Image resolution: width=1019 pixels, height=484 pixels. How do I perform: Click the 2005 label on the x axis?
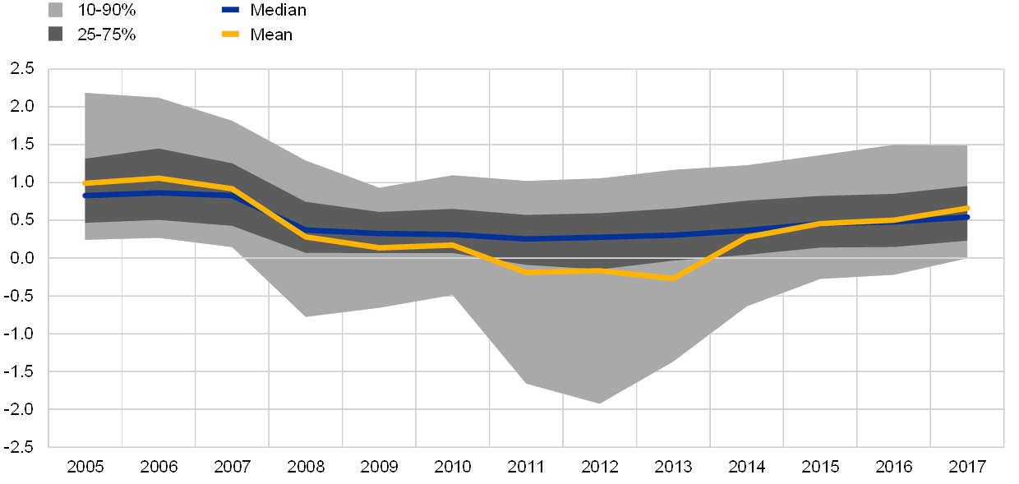tap(85, 467)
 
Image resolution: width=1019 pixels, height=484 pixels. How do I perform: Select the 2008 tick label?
tap(306, 467)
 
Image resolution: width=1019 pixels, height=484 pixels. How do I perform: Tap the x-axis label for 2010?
tap(453, 467)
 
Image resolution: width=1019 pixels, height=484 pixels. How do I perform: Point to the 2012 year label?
tap(600, 467)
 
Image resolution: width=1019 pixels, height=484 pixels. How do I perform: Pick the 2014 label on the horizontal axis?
tap(747, 467)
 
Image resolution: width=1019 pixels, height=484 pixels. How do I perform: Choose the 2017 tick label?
tap(967, 467)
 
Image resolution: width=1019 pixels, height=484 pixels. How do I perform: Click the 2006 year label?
tap(159, 467)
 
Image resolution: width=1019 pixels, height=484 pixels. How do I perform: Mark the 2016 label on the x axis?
tap(894, 467)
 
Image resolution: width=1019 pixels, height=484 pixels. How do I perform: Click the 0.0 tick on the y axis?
tap(22, 258)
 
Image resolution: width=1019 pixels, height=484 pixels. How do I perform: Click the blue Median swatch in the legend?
tap(230, 11)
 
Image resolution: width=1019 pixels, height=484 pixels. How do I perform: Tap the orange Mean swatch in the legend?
tap(230, 34)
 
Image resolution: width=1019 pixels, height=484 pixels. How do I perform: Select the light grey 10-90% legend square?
tap(56, 11)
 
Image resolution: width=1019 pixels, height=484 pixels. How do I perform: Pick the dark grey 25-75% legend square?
tap(56, 34)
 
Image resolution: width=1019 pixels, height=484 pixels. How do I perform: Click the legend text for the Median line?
tap(279, 11)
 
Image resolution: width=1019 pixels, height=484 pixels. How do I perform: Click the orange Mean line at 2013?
tap(673, 279)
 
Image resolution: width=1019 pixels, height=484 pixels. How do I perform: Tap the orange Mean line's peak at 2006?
tap(159, 178)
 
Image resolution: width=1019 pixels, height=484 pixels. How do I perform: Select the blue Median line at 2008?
tap(306, 230)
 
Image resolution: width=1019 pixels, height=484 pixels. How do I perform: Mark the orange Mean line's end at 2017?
tap(967, 209)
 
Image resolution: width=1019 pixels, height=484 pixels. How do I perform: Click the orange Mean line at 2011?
tap(526, 271)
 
